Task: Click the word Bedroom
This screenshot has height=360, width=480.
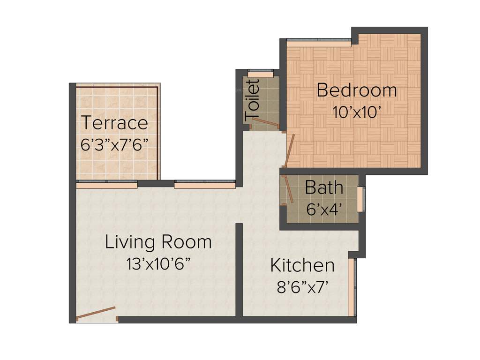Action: (357, 90)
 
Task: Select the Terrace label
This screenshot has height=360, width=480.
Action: (115, 123)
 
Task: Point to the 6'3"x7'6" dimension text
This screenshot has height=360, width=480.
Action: (115, 144)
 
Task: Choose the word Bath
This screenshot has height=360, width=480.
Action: (324, 188)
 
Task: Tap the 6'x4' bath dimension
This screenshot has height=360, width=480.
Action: (324, 209)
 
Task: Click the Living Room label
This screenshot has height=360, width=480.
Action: (158, 242)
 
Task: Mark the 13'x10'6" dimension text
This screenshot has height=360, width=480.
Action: (158, 264)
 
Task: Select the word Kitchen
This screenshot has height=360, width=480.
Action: (302, 265)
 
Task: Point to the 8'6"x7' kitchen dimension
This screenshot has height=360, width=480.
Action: (302, 286)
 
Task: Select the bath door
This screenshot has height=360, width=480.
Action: (288, 189)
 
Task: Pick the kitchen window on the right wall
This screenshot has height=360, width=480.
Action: (352, 286)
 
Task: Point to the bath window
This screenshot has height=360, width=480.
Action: (360, 199)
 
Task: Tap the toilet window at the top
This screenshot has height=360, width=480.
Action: (260, 74)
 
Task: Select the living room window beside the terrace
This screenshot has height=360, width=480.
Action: (204, 184)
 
